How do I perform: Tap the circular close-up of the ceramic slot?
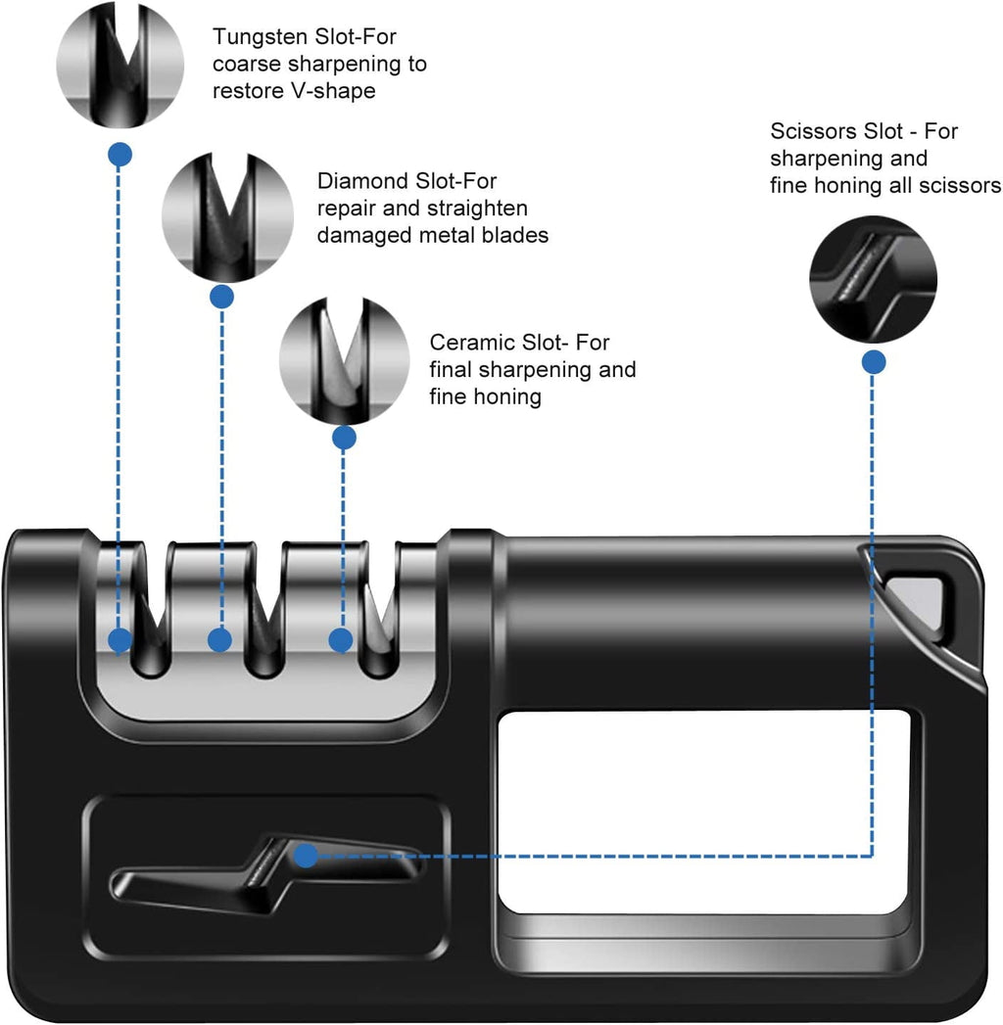click(x=344, y=361)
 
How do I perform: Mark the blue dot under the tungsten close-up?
click(x=120, y=154)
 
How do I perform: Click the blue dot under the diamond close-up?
click(x=222, y=296)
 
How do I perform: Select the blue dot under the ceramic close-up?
click(x=344, y=437)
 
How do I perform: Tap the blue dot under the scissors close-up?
click(x=874, y=362)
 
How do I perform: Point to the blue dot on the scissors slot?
click(x=306, y=856)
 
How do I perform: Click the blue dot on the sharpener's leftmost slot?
click(x=119, y=641)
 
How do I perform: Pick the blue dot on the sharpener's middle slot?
click(x=220, y=641)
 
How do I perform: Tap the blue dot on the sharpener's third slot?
click(x=340, y=641)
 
